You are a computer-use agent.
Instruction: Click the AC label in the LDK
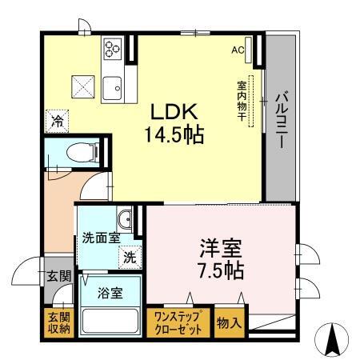(238, 49)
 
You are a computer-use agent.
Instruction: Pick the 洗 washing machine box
(128, 258)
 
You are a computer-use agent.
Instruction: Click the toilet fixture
(80, 150)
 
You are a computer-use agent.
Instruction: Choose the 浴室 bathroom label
(110, 293)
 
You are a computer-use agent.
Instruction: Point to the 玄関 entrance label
(58, 277)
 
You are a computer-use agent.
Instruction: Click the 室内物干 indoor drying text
(241, 99)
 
